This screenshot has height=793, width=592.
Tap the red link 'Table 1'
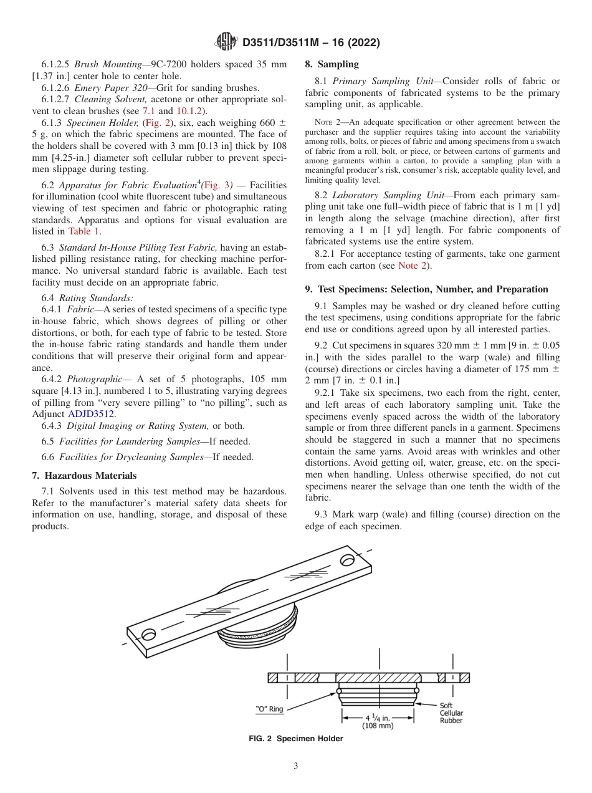[x=84, y=231]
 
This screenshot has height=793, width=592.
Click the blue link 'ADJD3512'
[x=92, y=413]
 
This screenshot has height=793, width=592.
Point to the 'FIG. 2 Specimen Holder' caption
[x=295, y=739]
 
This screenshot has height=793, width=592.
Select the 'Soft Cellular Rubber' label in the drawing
[x=451, y=713]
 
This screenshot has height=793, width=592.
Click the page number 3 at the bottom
[x=296, y=766]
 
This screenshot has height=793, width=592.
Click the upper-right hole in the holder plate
[x=346, y=560]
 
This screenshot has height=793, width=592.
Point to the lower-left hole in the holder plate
[x=149, y=635]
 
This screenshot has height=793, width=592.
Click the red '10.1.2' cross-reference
[x=190, y=111]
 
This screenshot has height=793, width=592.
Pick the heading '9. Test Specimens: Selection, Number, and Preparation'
[x=426, y=289]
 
